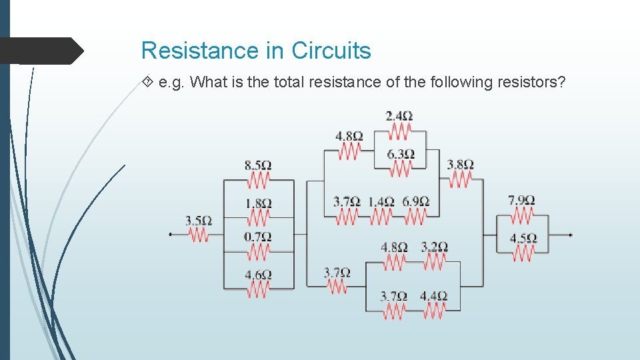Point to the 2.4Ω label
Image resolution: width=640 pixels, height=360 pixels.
pos(399,116)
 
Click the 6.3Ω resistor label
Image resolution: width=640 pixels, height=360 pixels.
pos(400,154)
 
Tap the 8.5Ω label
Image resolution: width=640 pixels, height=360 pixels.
pos(257,165)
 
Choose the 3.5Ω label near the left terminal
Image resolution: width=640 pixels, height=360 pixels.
pos(199,221)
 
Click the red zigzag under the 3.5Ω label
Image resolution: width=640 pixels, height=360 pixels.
pos(199,234)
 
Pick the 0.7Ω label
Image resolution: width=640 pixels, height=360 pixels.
pos(257,237)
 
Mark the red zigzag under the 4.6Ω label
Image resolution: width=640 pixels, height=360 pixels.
pos(258,289)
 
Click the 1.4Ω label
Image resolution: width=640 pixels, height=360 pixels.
pos(381,201)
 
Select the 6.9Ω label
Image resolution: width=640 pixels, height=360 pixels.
pos(415,201)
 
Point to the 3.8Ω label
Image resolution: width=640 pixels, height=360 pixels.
pos(460,164)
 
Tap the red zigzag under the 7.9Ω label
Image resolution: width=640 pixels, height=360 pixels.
pos(521,215)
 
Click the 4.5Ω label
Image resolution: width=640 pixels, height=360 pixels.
pos(522,238)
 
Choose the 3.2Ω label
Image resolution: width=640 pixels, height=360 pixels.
pos(433,247)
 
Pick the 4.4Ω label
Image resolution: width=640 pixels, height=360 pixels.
pos(433,296)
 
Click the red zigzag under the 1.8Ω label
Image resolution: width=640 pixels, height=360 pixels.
pos(258,217)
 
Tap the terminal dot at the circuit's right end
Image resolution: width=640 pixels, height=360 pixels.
pos(571,235)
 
